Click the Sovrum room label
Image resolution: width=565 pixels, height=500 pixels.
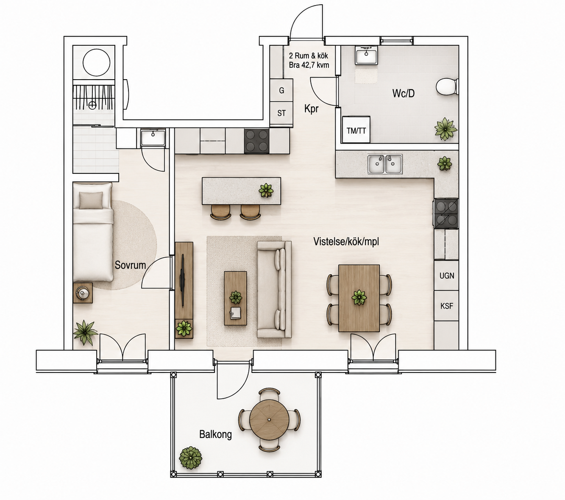click(130, 265)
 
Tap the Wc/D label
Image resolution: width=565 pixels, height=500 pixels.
click(403, 93)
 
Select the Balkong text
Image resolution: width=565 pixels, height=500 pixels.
click(215, 434)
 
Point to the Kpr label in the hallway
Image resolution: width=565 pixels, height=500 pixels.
click(311, 108)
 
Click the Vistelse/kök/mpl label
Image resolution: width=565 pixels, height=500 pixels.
click(346, 242)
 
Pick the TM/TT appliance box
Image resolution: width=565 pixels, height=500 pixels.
click(356, 130)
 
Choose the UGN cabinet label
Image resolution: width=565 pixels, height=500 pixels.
click(447, 276)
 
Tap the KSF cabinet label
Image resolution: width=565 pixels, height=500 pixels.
click(447, 306)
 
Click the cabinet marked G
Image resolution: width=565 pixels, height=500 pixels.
click(281, 90)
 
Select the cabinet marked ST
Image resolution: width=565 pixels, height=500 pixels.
click(281, 113)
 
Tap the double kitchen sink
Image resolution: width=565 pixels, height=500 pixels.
click(385, 164)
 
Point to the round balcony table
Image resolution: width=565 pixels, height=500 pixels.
click(269, 419)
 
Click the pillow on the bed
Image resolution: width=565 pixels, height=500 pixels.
click(91, 200)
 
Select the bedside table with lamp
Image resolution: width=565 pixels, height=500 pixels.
click(83, 293)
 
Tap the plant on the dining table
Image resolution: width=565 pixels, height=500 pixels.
click(359, 297)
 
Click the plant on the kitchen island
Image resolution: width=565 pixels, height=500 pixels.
click(266, 190)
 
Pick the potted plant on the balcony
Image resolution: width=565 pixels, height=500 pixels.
click(190, 458)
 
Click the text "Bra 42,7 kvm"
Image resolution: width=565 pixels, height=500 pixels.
click(309, 65)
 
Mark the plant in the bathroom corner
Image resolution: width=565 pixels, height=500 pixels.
click(445, 129)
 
